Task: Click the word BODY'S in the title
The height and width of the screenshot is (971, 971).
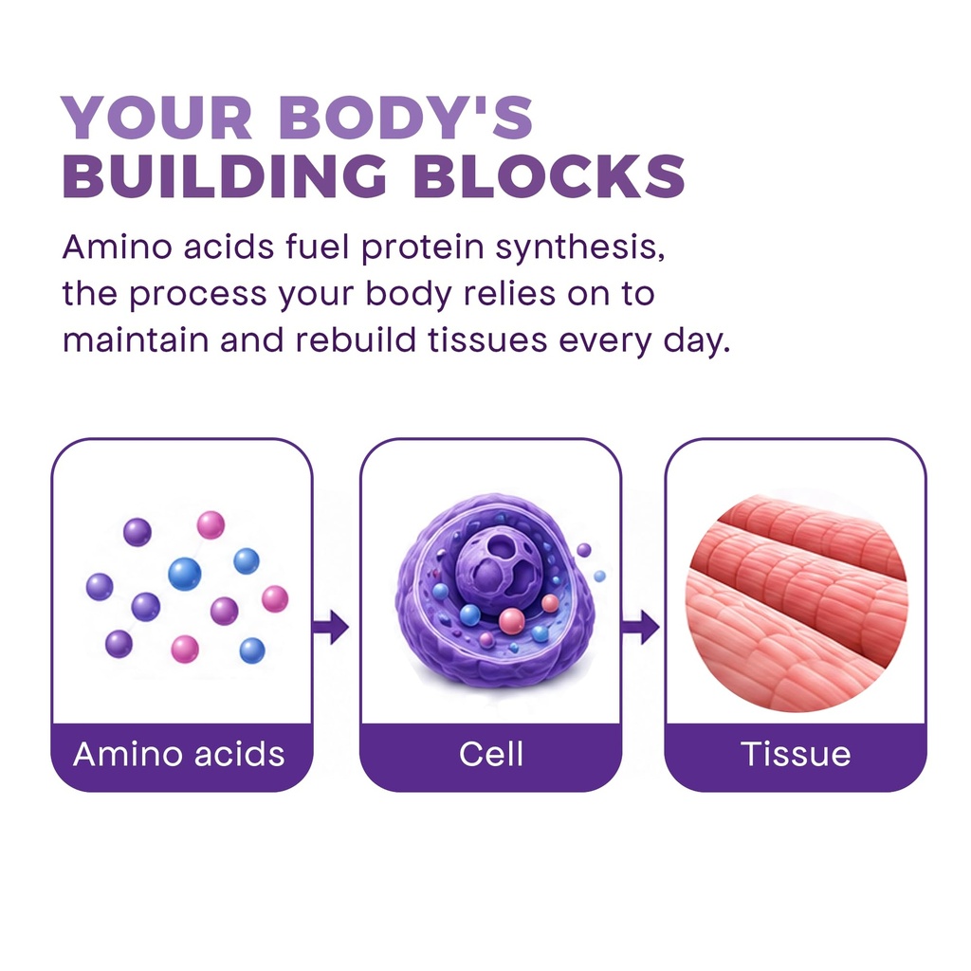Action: click(406, 117)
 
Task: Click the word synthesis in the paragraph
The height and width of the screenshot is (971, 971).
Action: click(580, 247)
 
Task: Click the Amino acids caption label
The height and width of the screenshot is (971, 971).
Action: click(179, 754)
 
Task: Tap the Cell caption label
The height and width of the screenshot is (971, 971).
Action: click(491, 754)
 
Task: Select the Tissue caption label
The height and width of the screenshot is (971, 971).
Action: click(796, 754)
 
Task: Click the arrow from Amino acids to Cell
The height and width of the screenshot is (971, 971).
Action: click(331, 627)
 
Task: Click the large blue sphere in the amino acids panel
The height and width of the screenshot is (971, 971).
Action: click(185, 573)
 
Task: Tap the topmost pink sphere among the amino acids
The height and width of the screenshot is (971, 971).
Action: click(211, 525)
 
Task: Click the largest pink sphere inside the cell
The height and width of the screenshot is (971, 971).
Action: click(511, 621)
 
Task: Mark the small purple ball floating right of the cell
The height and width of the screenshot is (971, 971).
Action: click(583, 550)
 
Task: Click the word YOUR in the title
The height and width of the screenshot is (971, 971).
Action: click(156, 117)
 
